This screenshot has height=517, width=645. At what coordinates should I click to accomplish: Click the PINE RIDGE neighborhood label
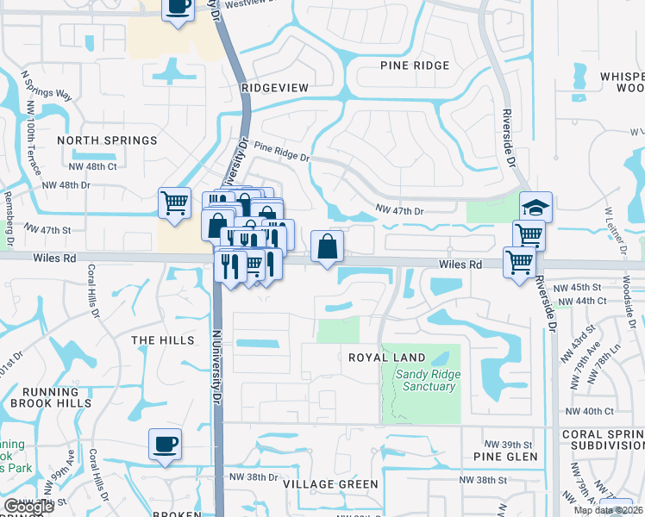(x=415, y=66)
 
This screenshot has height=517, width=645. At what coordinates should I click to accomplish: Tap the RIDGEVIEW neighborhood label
(x=275, y=88)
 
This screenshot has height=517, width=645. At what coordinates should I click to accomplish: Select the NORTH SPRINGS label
(x=108, y=140)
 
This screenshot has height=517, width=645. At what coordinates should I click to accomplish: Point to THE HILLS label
(x=162, y=340)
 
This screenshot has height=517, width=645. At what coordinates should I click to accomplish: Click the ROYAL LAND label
(x=386, y=358)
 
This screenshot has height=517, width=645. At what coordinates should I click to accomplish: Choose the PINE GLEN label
(x=505, y=457)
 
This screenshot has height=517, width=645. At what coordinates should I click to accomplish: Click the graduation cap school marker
(x=535, y=207)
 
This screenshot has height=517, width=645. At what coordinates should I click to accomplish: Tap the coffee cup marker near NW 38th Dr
(x=165, y=444)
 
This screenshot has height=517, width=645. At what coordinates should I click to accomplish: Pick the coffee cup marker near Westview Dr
(x=178, y=8)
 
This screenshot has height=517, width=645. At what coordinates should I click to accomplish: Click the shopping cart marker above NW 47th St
(x=174, y=203)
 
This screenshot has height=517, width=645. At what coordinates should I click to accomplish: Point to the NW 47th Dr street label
(x=400, y=209)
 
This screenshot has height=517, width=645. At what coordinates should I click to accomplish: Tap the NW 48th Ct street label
(x=91, y=165)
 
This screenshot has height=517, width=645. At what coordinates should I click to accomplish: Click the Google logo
(x=28, y=507)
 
